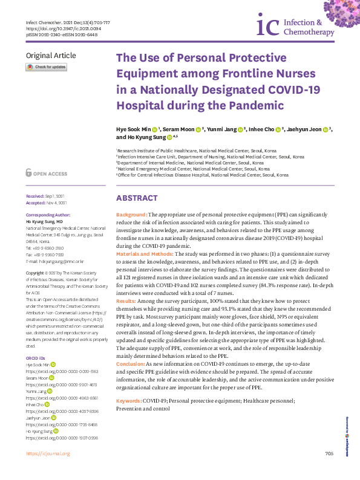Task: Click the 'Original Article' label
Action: coord(51,56)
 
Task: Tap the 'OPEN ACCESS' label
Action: coord(50,174)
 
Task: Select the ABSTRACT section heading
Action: coord(137,198)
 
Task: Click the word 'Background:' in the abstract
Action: coord(131,215)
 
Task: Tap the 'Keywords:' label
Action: coord(129,401)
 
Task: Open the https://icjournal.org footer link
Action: coord(48,470)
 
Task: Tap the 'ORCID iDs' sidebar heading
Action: coord(35,342)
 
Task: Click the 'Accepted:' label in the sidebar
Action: coord(36,203)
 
